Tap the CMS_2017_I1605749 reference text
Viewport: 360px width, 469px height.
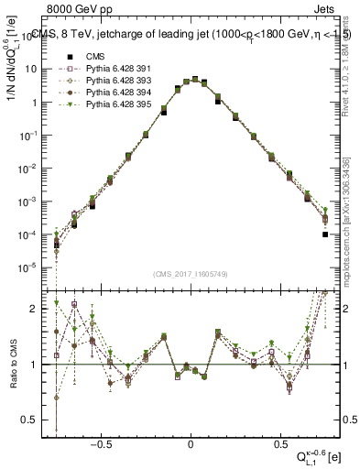[x=190, y=274]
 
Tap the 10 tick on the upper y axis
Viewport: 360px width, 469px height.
[x=33, y=69]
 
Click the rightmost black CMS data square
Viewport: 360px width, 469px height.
[x=325, y=234]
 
